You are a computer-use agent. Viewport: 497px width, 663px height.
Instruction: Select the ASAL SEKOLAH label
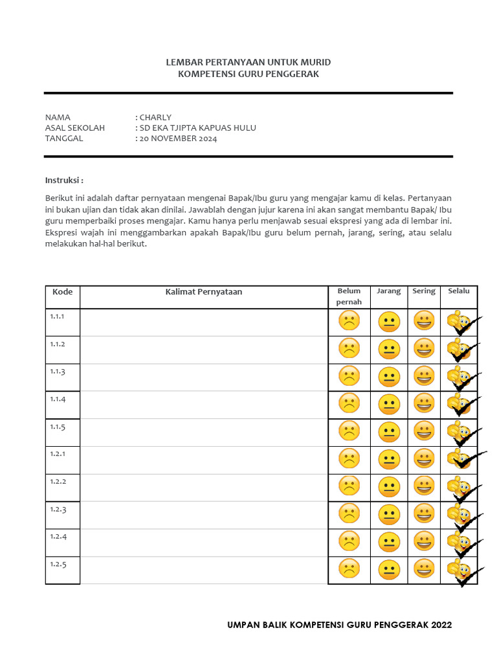click(x=74, y=128)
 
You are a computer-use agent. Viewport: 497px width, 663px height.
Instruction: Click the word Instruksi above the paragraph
click(x=64, y=179)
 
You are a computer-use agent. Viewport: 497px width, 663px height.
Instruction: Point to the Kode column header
click(x=62, y=292)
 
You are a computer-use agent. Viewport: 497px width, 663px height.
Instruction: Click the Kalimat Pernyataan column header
click(x=203, y=292)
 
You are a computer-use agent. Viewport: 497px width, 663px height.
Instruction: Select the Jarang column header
click(x=389, y=291)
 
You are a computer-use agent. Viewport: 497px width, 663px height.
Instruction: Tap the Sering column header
click(x=424, y=291)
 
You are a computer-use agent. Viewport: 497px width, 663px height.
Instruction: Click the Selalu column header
click(x=459, y=291)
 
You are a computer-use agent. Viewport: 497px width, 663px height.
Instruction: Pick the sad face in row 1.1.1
click(x=349, y=321)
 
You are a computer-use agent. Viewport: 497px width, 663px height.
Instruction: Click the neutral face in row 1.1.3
click(x=389, y=376)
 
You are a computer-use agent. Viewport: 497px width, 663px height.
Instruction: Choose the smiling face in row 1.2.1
click(x=424, y=458)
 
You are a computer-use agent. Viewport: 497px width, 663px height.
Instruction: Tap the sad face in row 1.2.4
click(x=349, y=541)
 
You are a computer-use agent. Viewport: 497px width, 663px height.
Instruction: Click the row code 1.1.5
click(x=58, y=426)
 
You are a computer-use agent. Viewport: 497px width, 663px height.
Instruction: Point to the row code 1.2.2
click(x=58, y=481)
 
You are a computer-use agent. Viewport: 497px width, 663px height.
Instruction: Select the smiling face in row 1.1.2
click(x=424, y=348)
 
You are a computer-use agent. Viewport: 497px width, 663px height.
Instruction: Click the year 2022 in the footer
click(x=440, y=625)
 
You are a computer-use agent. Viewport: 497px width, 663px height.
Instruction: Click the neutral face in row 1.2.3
click(x=389, y=514)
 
